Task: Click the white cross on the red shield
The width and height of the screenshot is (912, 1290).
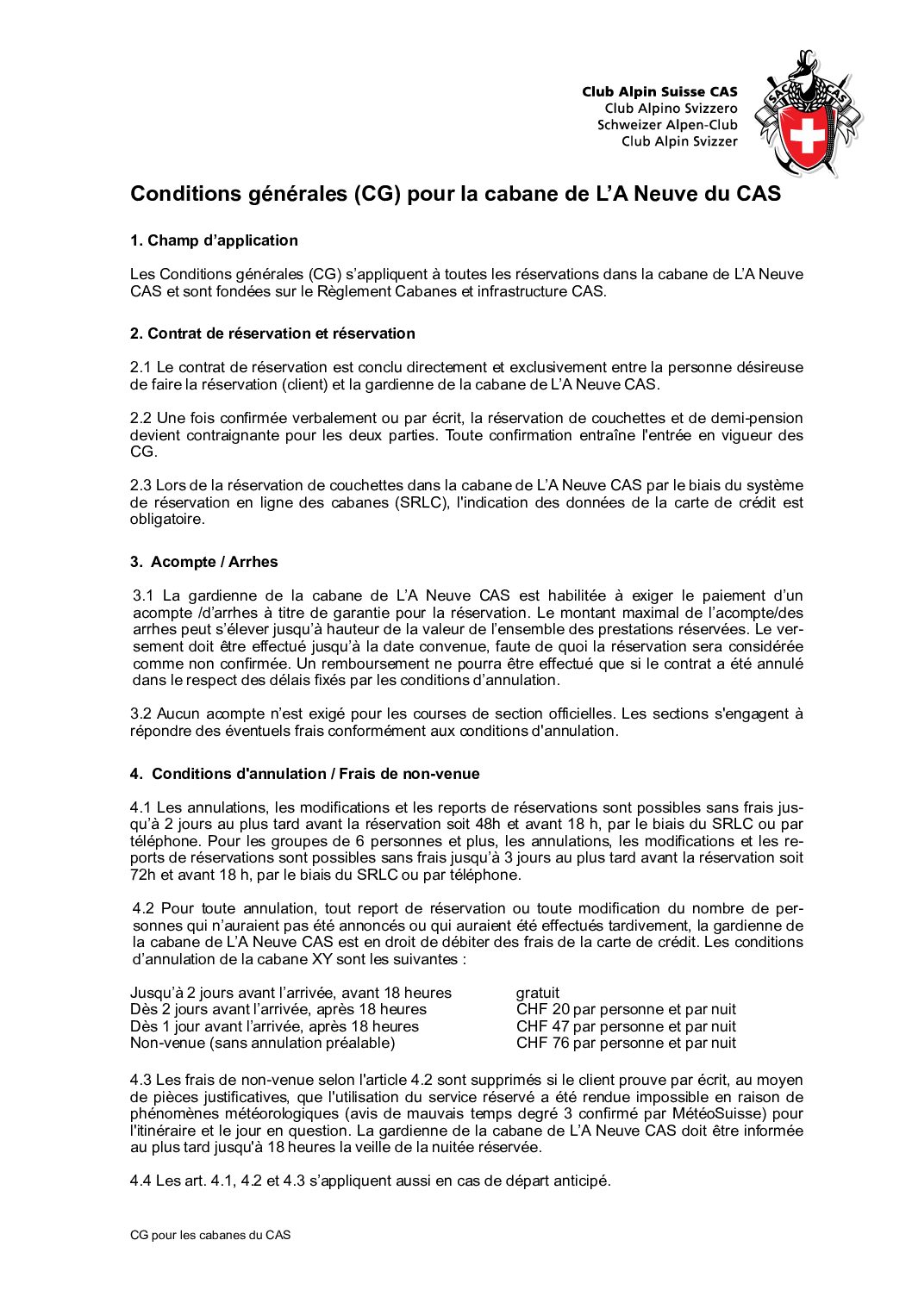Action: coord(807,134)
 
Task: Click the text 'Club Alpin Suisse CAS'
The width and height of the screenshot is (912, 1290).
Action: coord(659,91)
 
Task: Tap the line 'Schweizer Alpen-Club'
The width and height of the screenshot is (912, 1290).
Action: coord(667,125)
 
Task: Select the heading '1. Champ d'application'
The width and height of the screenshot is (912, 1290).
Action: coord(214,240)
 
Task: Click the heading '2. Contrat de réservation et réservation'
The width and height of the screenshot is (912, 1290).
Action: coord(272,333)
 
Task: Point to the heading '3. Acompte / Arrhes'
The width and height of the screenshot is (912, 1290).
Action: coord(204,562)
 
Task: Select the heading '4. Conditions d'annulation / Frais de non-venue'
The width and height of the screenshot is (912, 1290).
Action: coord(304,774)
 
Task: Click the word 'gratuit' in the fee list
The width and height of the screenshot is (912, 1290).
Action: coord(538,993)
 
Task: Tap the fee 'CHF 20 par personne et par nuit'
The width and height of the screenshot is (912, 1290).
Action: coord(626,1009)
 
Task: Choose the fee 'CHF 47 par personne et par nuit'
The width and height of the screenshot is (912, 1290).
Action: coord(626,1026)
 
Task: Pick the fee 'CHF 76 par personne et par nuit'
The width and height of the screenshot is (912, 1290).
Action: coord(626,1043)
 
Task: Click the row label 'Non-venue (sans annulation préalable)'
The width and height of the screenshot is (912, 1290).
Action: coord(262,1043)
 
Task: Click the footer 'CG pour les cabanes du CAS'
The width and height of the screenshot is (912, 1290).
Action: coord(210,1235)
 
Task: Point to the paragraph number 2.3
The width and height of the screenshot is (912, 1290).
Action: coord(141,485)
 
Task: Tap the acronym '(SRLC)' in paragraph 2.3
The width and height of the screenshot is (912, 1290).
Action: coord(422,502)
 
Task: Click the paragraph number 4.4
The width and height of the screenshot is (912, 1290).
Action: coord(141,1181)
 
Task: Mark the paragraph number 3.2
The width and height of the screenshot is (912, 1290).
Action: coord(141,714)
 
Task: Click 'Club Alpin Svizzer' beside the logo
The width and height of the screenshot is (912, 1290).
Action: coord(679,141)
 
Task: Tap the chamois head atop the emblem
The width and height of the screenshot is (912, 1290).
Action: coord(807,67)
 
